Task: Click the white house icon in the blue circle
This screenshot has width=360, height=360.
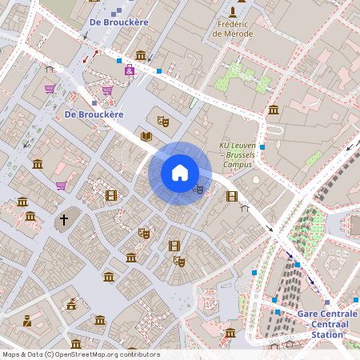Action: click(x=180, y=173)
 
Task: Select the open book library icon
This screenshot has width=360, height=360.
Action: click(x=146, y=136)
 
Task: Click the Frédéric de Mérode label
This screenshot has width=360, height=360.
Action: click(x=232, y=29)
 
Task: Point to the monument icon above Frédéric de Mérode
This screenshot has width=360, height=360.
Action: click(x=232, y=11)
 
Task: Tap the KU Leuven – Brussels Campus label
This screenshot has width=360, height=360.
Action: click(x=236, y=154)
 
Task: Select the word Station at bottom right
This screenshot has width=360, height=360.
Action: click(x=327, y=334)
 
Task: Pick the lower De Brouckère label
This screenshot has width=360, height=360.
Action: click(x=94, y=114)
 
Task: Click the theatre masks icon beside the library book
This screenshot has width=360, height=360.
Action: click(x=163, y=121)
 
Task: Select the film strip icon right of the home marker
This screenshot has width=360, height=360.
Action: click(x=232, y=196)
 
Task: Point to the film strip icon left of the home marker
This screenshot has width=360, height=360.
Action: click(x=110, y=195)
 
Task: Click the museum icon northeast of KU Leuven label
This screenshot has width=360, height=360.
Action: click(x=274, y=110)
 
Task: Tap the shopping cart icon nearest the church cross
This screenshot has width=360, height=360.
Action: click(x=61, y=186)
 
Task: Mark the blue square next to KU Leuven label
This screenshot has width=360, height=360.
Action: click(x=262, y=147)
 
